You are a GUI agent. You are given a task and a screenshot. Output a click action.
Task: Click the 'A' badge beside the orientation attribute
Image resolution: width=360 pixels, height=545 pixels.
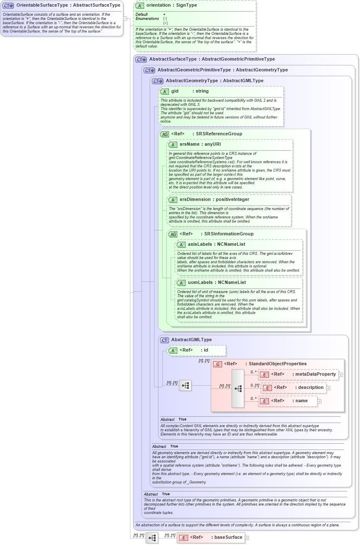(x=140, y=5)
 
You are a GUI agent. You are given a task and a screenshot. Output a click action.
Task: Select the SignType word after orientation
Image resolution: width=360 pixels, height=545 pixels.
(x=186, y=5)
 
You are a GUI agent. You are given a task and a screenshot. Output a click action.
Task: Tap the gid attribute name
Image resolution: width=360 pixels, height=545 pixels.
(x=175, y=91)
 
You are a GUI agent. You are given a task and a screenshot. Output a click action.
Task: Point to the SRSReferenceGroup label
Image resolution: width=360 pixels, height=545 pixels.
(x=223, y=134)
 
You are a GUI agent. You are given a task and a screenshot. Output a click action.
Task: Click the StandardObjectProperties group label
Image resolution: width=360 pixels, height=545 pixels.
(x=277, y=364)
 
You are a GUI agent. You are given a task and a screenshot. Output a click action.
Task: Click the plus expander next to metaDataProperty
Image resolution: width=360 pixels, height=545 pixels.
(x=340, y=374)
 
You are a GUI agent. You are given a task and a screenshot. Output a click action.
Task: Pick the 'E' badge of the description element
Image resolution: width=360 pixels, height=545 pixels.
(x=268, y=388)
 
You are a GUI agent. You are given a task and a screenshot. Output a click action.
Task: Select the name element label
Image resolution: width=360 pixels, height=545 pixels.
(x=301, y=401)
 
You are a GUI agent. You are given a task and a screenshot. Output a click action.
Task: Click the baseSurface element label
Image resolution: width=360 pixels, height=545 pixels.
(x=228, y=538)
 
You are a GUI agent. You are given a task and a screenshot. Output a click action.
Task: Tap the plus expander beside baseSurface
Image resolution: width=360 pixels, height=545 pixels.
(x=247, y=538)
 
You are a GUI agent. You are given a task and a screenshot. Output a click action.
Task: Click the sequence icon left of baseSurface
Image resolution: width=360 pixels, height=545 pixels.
(x=152, y=538)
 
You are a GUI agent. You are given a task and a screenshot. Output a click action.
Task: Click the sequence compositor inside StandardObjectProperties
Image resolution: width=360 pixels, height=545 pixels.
(x=238, y=389)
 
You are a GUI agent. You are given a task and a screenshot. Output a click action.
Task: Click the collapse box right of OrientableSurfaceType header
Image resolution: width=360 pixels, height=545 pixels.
(x=125, y=18)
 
